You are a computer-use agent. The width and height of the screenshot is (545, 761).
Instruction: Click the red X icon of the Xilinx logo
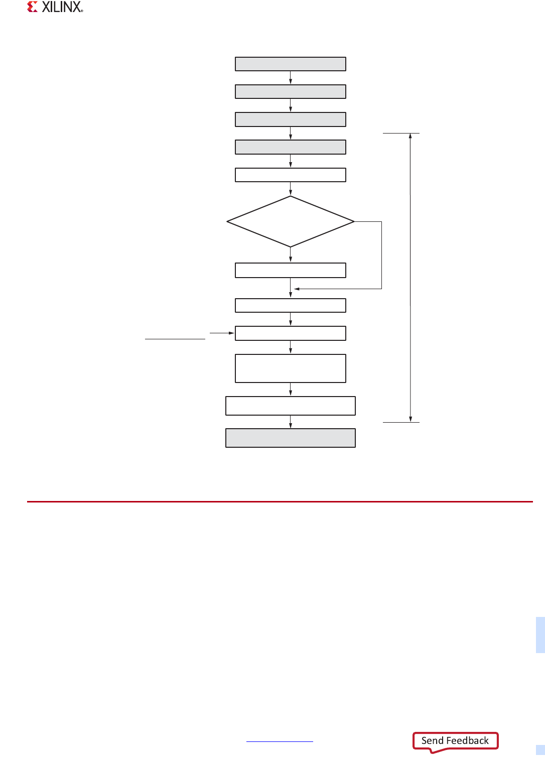coord(33,7)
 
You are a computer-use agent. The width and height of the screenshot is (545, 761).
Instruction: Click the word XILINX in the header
coord(62,7)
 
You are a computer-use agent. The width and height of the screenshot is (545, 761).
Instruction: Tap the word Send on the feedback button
coord(432,740)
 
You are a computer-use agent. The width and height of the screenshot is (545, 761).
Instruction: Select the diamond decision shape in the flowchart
coord(291,221)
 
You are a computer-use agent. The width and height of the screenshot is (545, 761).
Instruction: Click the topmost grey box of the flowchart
coord(291,64)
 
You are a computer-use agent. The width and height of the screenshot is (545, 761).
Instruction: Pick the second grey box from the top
coord(291,91)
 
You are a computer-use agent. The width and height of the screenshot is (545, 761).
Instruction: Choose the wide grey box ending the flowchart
coord(291,438)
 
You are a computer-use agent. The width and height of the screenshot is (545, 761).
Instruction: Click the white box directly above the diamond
coord(291,175)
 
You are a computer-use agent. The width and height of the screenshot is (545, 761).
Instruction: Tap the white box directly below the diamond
coord(291,270)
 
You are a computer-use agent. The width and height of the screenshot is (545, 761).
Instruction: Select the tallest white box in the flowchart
coord(291,368)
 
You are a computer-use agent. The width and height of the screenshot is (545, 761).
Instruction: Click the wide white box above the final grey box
coord(291,406)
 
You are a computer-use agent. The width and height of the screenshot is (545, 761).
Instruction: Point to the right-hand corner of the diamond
coord(353,221)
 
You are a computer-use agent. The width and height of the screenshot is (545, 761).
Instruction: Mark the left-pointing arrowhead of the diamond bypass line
coord(297,289)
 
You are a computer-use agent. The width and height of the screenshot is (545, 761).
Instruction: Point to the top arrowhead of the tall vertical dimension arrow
coord(411,136)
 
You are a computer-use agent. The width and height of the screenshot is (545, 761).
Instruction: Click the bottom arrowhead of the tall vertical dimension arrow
coord(411,419)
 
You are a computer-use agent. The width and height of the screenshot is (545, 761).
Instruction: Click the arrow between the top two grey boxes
coord(291,78)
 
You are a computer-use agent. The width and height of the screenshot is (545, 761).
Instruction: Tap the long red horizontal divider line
coord(280,501)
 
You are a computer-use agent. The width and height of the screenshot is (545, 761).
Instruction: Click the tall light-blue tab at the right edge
coord(540,635)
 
